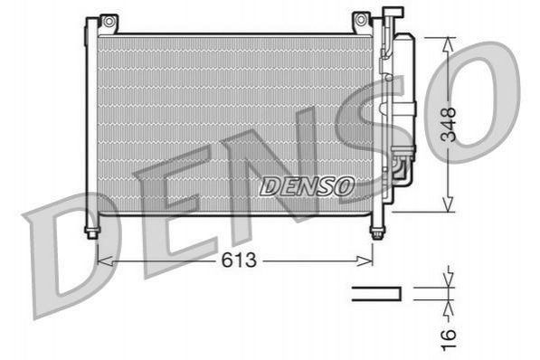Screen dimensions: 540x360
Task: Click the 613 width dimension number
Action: pyautogui.click(x=239, y=260)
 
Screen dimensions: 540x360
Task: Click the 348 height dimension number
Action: pyautogui.click(x=449, y=125)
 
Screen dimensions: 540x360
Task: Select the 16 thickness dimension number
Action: pyautogui.click(x=449, y=340)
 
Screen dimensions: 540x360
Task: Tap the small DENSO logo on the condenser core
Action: pyautogui.click(x=308, y=186)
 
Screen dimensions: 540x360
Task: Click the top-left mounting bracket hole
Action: pyautogui.click(x=109, y=22)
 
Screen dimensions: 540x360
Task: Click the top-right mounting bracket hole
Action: pyautogui.click(x=360, y=20)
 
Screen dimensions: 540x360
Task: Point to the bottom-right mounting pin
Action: pyautogui.click(x=377, y=232)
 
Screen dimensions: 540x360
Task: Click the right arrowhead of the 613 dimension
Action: pyautogui.click(x=365, y=261)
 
